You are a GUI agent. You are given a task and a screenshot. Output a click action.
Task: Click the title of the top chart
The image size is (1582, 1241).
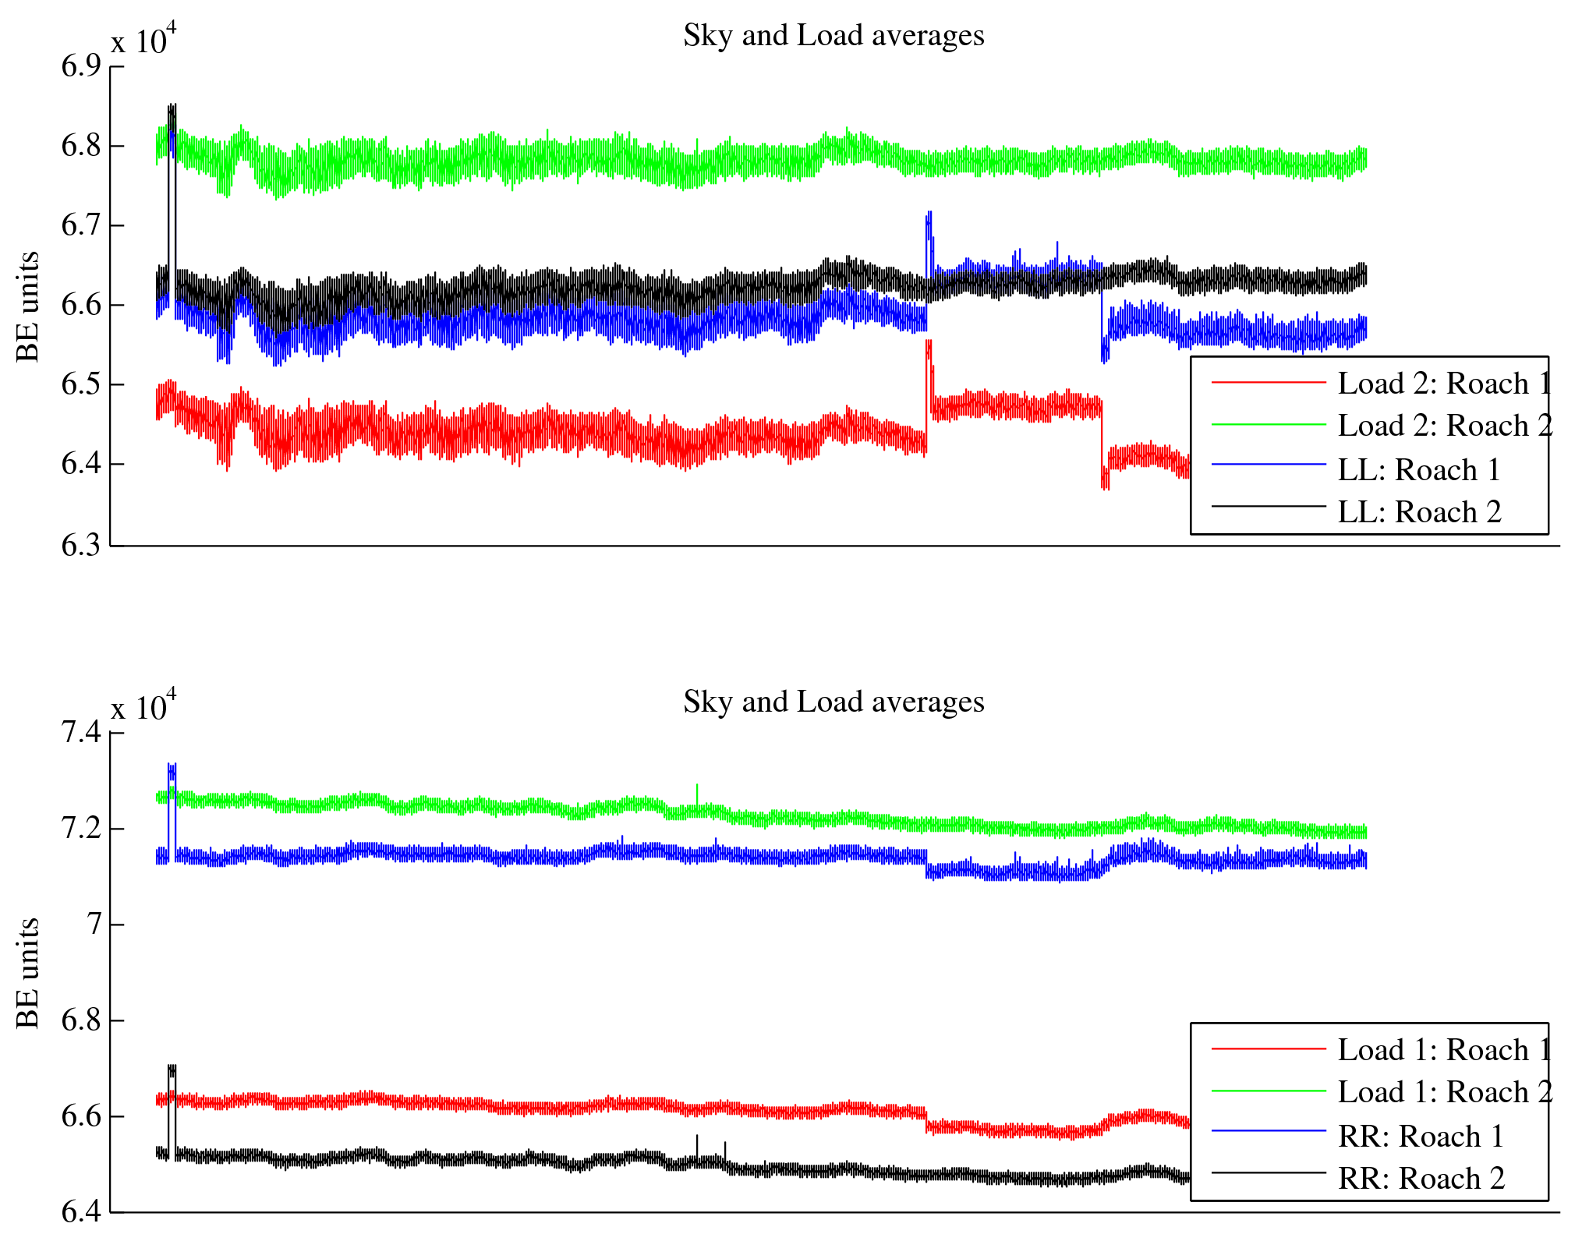[x=833, y=36]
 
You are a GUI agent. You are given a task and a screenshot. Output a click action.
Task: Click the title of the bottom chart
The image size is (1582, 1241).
[x=833, y=702]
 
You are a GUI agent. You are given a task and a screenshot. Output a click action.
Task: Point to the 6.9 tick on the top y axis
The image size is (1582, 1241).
[x=81, y=66]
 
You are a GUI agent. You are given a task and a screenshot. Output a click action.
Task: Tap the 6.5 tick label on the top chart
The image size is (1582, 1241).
[x=81, y=384]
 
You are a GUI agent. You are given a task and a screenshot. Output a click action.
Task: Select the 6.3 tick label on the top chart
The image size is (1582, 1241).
[x=81, y=545]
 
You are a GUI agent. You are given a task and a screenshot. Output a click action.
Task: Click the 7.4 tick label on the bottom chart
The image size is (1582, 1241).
[x=81, y=733]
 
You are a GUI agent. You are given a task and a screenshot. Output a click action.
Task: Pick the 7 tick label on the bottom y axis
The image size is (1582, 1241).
[x=94, y=925]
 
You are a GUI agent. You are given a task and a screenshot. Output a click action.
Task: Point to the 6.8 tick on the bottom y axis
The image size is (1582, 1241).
[x=81, y=1020]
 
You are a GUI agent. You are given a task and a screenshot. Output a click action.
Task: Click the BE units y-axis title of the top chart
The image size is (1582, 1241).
[x=28, y=306]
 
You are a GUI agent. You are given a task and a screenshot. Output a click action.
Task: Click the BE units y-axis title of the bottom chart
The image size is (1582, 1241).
[x=28, y=973]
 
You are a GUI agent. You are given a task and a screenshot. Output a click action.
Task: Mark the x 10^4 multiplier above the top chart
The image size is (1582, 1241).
[x=143, y=40]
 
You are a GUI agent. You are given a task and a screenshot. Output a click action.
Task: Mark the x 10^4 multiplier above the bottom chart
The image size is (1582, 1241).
[x=143, y=706]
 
